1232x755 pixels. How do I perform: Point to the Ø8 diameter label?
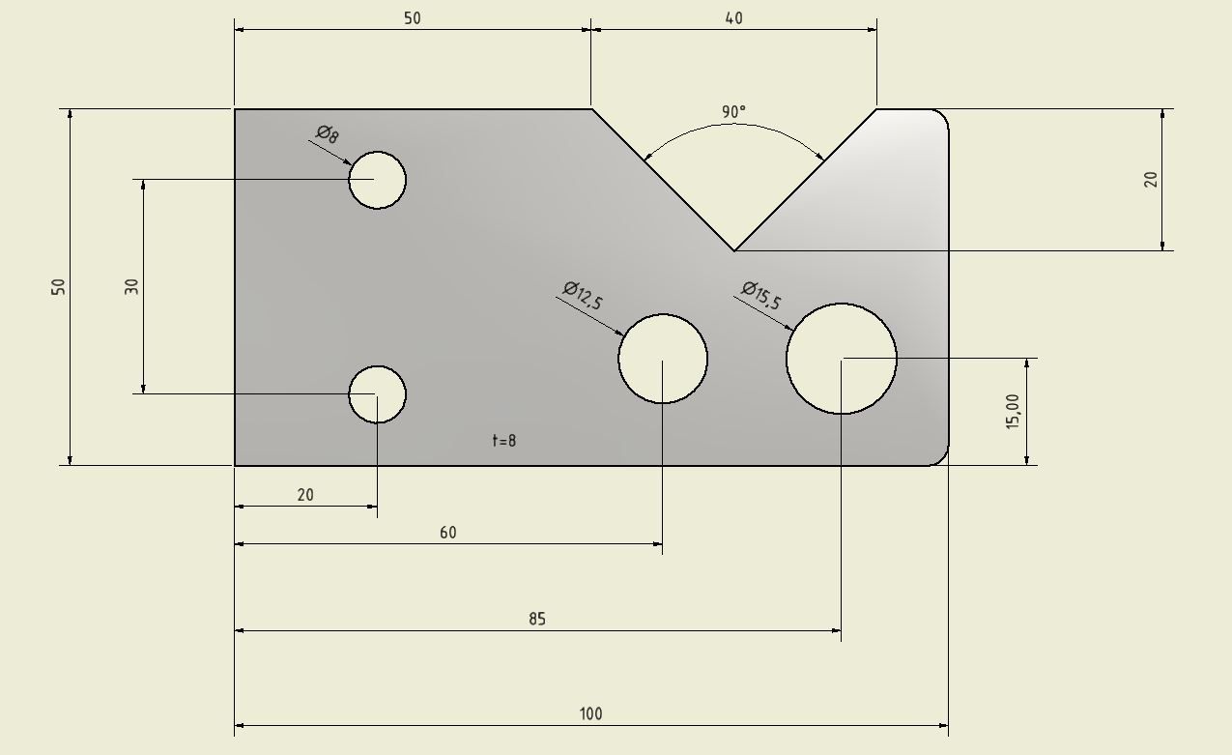(328, 133)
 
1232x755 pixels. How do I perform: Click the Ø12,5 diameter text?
(583, 296)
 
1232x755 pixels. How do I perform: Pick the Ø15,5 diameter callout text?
(761, 296)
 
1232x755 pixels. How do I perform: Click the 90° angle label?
(733, 112)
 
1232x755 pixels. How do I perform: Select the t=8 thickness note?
(503, 440)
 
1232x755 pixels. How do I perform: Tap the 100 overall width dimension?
(590, 713)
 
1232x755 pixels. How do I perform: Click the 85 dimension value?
(537, 619)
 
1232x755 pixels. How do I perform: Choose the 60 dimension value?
(448, 532)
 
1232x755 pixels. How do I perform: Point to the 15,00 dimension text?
(1013, 412)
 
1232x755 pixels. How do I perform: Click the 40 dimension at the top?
(734, 18)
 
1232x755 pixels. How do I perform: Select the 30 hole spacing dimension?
(132, 287)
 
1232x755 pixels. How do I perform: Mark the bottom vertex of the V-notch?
(734, 251)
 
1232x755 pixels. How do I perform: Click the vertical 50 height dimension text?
(58, 287)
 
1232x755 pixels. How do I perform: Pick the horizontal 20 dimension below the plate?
(305, 495)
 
